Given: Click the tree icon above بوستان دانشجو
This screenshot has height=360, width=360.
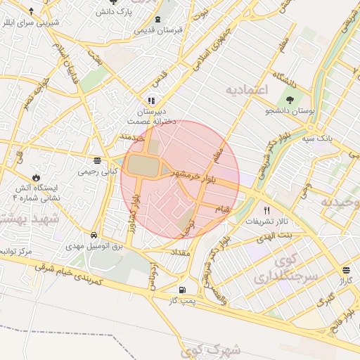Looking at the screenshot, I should point(290,99).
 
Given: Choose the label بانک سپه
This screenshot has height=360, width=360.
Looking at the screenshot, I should point(319,138).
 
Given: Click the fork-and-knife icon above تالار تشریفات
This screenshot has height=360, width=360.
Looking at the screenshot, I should point(266,210).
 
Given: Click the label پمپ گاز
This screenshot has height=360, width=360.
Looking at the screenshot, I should point(181,300).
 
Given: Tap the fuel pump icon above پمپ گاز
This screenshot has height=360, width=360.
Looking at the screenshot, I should point(183,289).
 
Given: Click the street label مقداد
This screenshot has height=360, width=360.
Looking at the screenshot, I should point(173,251).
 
